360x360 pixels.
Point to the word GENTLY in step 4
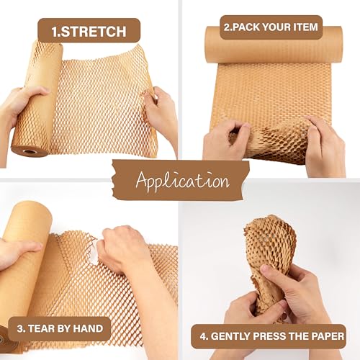230,334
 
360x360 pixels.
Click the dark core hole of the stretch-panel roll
31,151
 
